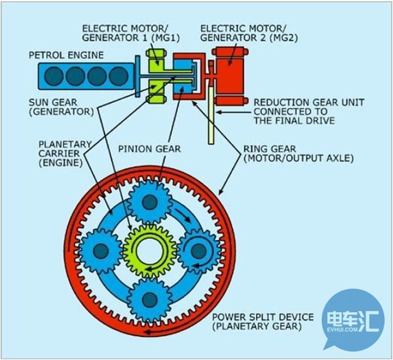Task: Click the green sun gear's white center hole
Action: point(150,250)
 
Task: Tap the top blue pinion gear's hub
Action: point(150,202)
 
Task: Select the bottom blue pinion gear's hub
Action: point(149,299)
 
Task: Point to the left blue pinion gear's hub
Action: point(100,250)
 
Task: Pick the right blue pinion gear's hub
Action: point(199,250)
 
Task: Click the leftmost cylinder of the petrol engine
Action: point(54,76)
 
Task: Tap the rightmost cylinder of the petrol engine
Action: point(119,76)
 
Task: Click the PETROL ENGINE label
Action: point(66,55)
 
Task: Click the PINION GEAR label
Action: point(149,149)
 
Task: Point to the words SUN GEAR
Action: point(53,102)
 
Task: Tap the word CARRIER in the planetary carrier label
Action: point(59,153)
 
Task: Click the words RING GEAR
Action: point(269,149)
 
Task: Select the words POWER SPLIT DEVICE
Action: point(263,317)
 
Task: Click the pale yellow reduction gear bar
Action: point(211,115)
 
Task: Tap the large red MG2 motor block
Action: point(230,76)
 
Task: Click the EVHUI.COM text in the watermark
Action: point(342,329)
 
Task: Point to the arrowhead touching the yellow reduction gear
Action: point(218,112)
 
